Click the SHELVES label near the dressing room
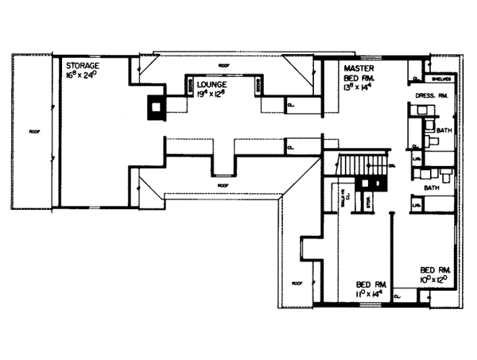(443, 79)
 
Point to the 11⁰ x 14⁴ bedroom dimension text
(370, 293)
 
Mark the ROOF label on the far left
(33, 130)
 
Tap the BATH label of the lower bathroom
(432, 188)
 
